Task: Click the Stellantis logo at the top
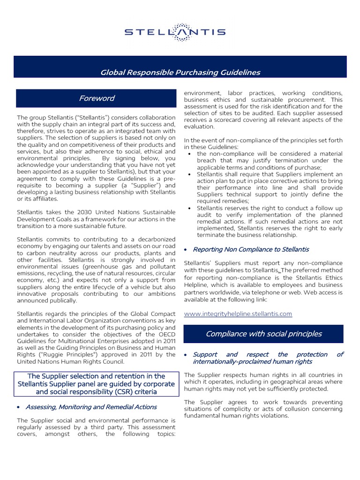click(x=175, y=32)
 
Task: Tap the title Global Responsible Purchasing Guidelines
click(x=180, y=72)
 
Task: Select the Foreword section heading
click(x=97, y=98)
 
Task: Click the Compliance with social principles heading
click(x=263, y=334)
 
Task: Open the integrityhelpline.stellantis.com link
click(x=238, y=314)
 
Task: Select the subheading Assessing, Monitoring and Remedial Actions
click(x=91, y=407)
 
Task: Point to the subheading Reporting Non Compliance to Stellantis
click(x=251, y=249)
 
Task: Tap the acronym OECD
click(x=164, y=334)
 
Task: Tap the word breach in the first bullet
click(x=208, y=161)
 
